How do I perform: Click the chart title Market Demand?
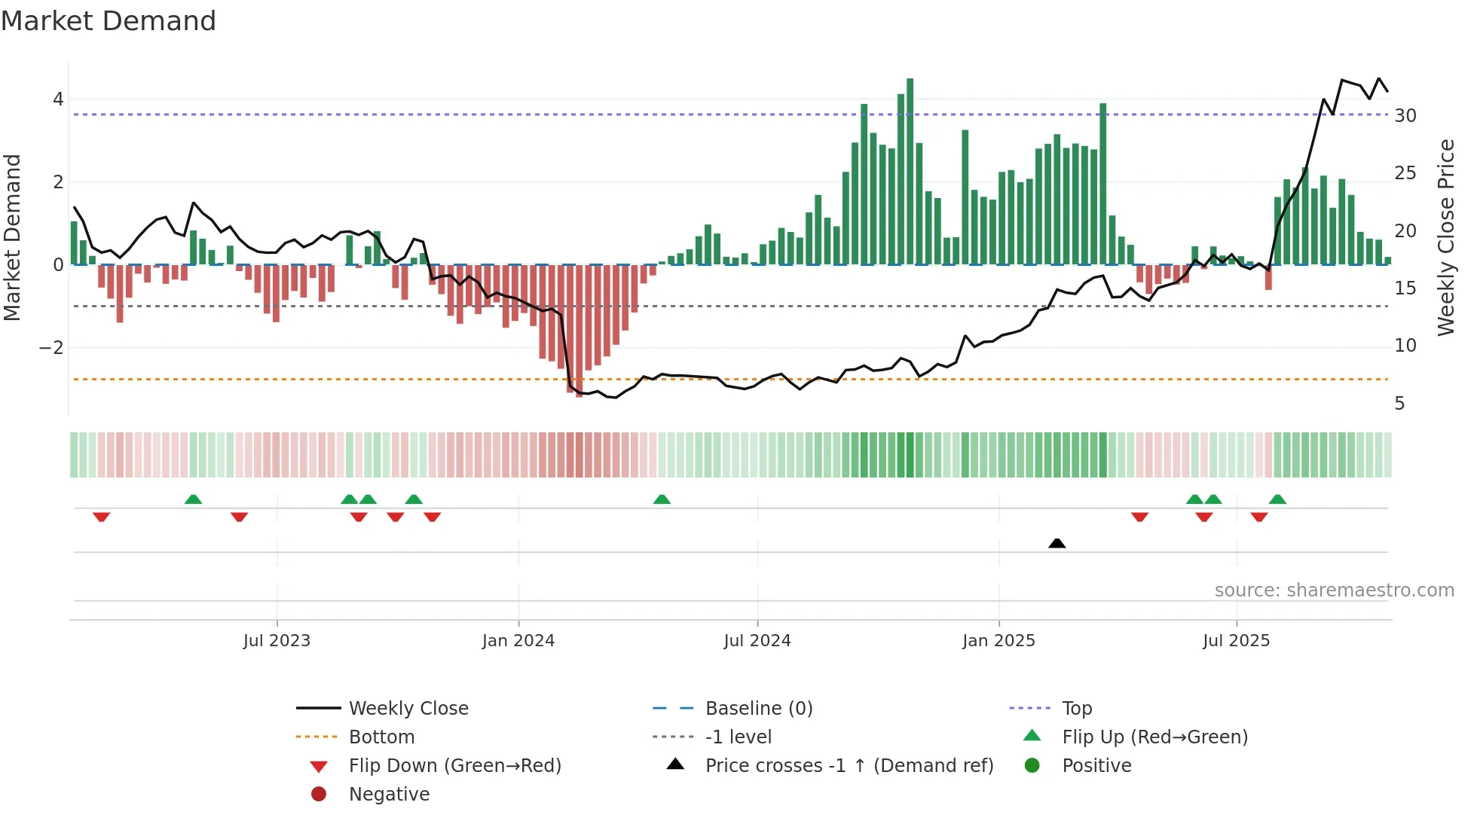(109, 21)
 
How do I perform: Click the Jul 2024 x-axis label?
(757, 641)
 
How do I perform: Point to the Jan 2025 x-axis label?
(998, 641)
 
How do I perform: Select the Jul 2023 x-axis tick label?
(277, 641)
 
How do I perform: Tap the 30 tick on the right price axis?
(1405, 116)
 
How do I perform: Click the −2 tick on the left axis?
(52, 348)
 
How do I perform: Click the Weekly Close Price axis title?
(1445, 237)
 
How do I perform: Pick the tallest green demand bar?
(910, 172)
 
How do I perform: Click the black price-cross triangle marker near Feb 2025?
(1057, 543)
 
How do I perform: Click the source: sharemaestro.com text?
(1334, 590)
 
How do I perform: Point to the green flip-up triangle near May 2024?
(662, 499)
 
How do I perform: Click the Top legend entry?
(1077, 709)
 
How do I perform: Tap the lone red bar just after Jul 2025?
(1268, 277)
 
